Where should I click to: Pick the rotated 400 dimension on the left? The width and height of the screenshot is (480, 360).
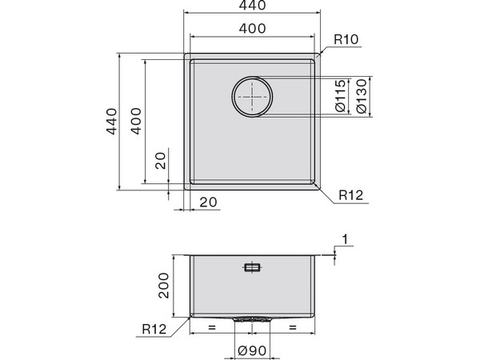point(137,122)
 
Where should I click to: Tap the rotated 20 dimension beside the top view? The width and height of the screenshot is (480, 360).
point(161,161)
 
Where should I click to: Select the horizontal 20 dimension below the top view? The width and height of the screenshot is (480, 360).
point(208,203)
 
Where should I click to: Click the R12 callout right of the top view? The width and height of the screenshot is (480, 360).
point(351,195)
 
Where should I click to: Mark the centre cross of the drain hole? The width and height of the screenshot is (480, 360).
point(253,96)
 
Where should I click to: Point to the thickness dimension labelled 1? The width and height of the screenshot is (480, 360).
point(344,239)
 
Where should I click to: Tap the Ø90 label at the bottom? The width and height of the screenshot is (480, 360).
point(253,350)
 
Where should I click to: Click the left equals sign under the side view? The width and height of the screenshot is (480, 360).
point(212,328)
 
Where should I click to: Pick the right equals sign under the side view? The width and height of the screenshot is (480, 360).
point(292,328)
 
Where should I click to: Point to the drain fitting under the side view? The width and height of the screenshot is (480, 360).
point(253,318)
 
